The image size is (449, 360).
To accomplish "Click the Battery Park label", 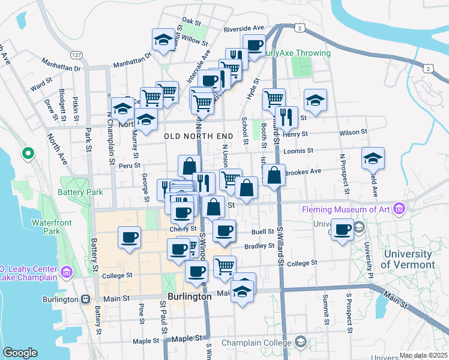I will tap(80, 193).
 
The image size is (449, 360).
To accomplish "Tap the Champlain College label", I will tap(255, 343).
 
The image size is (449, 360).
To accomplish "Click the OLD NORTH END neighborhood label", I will tap(197, 136).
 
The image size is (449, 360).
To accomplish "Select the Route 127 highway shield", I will tap(76, 55).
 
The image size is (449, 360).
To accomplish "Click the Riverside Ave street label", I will tap(244, 28).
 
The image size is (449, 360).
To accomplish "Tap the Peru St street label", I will tap(129, 165).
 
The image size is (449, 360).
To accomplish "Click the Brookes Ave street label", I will tap(303, 172).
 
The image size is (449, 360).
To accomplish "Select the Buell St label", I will tap(263, 231).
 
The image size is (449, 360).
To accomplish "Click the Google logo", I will tap(20, 353).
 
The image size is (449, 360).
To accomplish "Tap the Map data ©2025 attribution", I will tap(423, 355).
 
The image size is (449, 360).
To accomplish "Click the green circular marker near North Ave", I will tap(28, 154).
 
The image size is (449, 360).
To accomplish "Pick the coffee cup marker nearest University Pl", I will tap(343, 229).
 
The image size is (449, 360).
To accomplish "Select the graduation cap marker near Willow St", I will tap(163, 40).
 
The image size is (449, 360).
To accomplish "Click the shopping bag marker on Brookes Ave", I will tap(274, 176).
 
